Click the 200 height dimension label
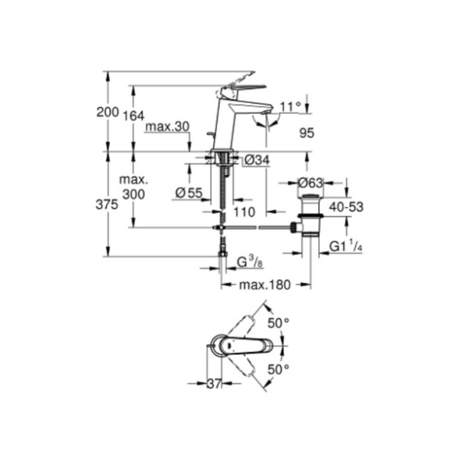(108, 112)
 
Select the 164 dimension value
(133, 116)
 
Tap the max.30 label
(168, 126)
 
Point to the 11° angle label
(290, 107)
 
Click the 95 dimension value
(307, 133)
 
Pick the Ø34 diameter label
(257, 160)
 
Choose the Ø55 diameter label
(189, 193)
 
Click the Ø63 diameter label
(311, 183)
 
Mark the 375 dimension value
(107, 204)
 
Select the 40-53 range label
(346, 207)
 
